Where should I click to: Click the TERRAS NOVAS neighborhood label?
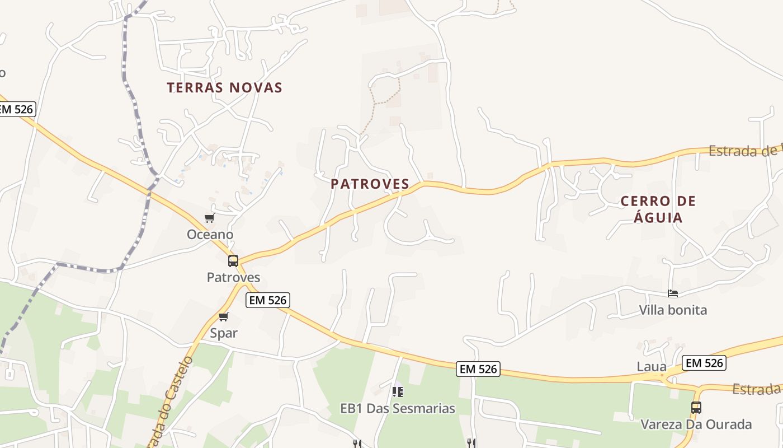224,88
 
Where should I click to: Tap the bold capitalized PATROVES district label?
370,184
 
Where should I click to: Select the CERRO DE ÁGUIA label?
658,209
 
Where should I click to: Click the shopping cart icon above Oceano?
210,218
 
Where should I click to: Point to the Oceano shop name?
210,235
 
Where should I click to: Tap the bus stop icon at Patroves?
233,261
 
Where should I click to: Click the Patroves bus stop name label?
233,278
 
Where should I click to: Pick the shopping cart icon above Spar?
224,317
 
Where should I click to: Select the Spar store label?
224,333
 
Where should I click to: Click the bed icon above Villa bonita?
673,293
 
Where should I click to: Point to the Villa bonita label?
673,310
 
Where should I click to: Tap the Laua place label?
652,367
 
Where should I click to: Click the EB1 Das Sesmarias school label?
398,409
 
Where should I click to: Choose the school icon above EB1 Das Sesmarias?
398,392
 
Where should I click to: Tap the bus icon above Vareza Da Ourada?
696,408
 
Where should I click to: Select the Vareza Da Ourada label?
696,424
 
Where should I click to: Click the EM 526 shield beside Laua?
704,363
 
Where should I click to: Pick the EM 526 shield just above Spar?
268,300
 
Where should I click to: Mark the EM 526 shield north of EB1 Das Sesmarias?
478,369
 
